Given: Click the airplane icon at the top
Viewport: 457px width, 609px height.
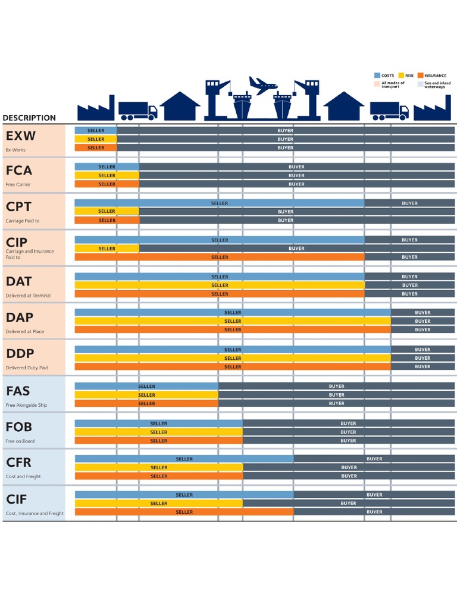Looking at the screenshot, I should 262,85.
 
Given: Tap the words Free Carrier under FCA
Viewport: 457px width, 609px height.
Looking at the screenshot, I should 18,184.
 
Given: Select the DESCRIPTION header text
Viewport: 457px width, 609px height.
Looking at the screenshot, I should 29,118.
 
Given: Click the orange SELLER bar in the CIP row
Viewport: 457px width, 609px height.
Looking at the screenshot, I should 219,258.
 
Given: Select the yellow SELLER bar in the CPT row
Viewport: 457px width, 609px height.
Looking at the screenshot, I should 107,211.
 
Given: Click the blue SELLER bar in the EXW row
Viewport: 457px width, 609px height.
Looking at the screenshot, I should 96,130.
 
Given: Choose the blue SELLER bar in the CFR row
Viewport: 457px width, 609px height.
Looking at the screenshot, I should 184,459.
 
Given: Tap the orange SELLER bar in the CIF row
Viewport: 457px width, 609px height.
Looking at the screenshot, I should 184,512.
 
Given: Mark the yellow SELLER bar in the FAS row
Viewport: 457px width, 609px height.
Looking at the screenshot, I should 146,395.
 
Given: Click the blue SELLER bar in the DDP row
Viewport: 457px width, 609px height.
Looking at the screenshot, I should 233,349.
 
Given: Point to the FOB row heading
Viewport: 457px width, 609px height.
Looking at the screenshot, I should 18,427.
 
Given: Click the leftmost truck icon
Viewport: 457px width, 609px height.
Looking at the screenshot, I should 137,110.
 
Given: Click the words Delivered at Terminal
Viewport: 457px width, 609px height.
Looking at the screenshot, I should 28,296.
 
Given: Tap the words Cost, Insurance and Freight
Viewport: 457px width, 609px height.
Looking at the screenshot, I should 35,513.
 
